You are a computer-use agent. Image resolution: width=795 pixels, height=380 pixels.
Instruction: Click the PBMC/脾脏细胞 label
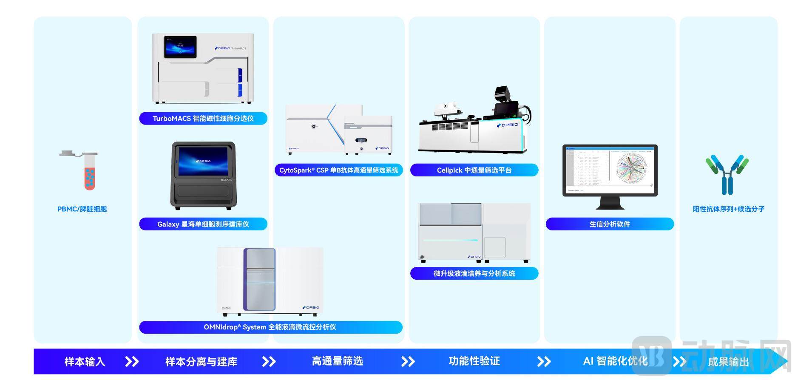[x=82, y=209]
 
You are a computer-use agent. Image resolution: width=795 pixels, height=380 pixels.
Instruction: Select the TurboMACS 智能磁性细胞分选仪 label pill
[x=203, y=119]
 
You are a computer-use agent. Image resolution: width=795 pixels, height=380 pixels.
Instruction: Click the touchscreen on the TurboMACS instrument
[x=180, y=47]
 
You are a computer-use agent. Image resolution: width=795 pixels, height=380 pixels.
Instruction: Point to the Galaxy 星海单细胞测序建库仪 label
[x=203, y=224]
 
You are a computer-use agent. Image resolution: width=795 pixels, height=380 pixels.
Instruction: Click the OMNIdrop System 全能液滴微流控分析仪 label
[x=270, y=327]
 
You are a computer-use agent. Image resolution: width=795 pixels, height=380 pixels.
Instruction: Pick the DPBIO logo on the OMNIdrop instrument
[x=311, y=307]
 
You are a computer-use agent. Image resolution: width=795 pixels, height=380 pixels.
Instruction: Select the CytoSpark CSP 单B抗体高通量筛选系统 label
[x=338, y=170]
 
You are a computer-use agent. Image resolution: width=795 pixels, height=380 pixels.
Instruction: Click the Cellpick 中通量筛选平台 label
[x=474, y=170]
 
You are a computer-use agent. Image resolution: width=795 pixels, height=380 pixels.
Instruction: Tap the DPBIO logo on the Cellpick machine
[x=508, y=125]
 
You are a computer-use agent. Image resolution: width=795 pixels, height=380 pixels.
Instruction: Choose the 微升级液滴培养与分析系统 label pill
[x=474, y=273]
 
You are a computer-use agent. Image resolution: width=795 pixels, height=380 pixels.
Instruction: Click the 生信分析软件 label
[x=610, y=224]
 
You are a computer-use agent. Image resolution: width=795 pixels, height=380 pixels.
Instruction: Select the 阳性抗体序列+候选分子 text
[x=729, y=209]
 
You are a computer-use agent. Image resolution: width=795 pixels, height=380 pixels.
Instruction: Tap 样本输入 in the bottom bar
[x=85, y=362]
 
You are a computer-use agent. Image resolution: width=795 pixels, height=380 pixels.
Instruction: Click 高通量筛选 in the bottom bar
[x=337, y=361]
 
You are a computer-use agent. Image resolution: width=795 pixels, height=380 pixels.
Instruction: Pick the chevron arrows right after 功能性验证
[x=544, y=362]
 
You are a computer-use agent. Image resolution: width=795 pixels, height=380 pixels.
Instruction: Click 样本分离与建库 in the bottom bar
[x=201, y=362]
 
